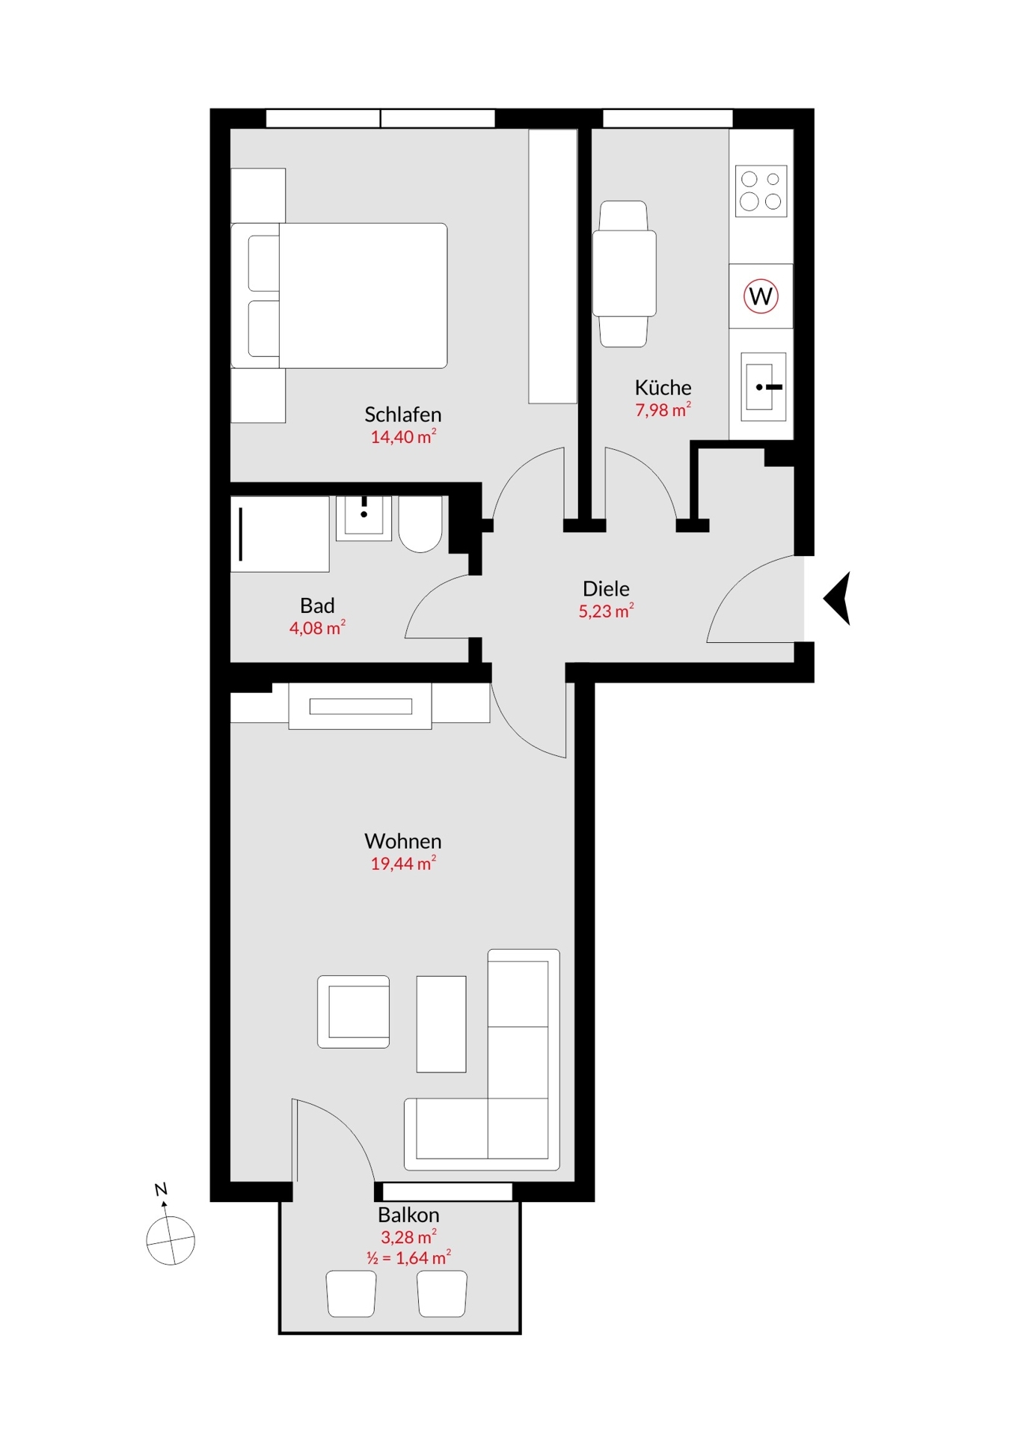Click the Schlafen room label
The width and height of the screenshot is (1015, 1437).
point(402,414)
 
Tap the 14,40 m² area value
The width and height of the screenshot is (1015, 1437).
point(403,436)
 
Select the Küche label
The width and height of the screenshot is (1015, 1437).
point(663,387)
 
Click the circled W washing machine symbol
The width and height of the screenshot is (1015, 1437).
point(761,296)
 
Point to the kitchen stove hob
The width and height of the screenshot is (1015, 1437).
point(761,191)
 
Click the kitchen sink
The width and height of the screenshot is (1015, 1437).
point(764,386)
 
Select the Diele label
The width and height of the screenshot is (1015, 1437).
point(606,588)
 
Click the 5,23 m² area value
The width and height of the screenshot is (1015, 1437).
point(606,611)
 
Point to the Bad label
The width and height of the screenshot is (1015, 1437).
point(317,605)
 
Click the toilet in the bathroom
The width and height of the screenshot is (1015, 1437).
point(420,524)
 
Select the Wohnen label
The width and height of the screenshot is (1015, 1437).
point(402,840)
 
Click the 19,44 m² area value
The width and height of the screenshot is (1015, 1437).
point(403,863)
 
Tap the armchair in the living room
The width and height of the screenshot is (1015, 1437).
point(354,1011)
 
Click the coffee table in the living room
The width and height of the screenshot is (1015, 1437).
point(441,1024)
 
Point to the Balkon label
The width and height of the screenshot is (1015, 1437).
point(408,1215)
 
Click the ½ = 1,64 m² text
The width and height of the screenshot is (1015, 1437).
point(408,1258)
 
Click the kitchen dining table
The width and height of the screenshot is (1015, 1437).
point(625,273)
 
